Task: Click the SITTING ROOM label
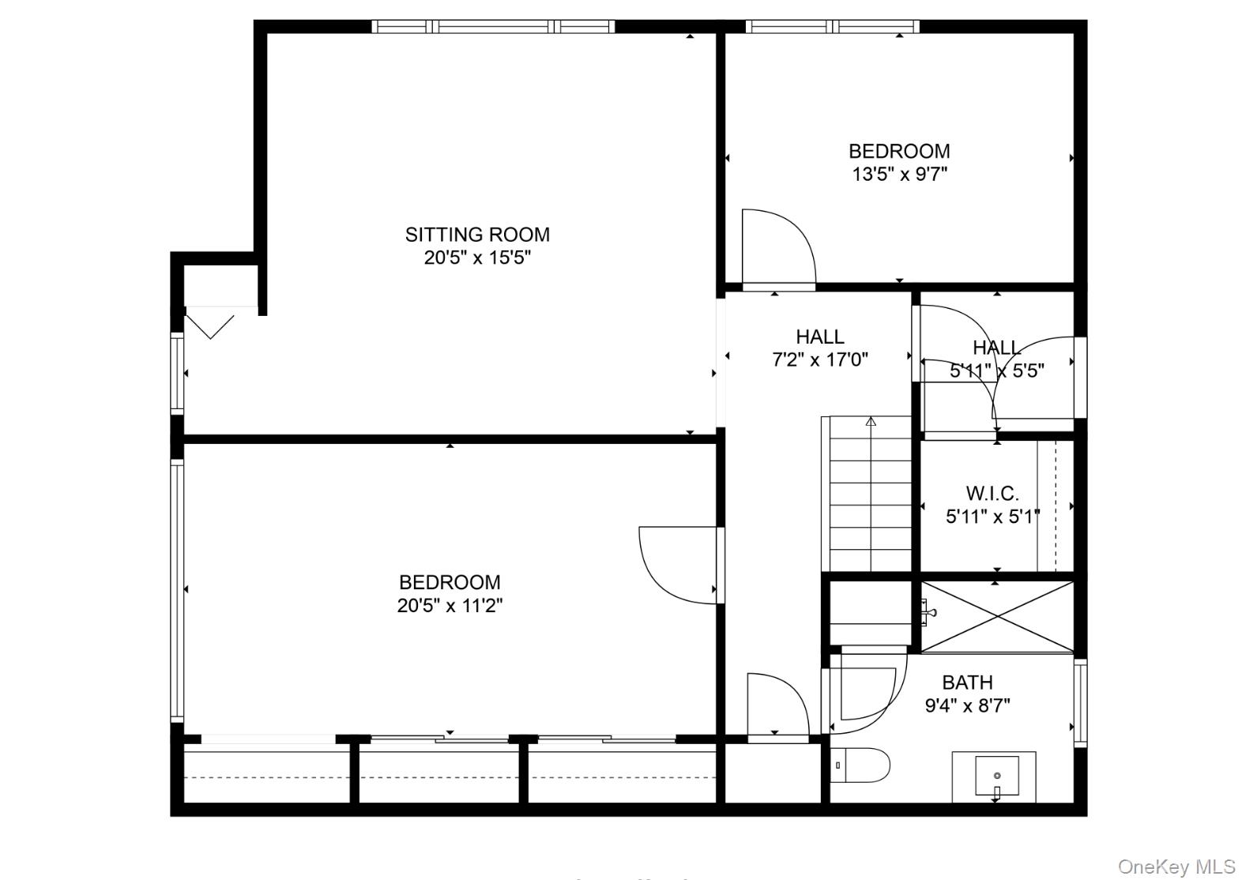pos(477,235)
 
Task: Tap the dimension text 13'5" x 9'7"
pos(899,174)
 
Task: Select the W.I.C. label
pos(992,494)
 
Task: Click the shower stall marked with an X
pos(997,617)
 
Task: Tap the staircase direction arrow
pos(871,422)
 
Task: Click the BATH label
pos(967,683)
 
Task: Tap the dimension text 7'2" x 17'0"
pos(819,360)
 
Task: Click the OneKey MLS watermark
pos(1176,867)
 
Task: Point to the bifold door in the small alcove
pos(210,325)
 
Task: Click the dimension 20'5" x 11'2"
pos(450,606)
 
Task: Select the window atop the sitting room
pos(493,26)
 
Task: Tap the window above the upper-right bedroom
pos(832,26)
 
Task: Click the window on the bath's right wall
pos(1080,703)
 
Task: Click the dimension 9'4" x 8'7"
pos(967,705)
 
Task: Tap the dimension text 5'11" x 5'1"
pos(992,517)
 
